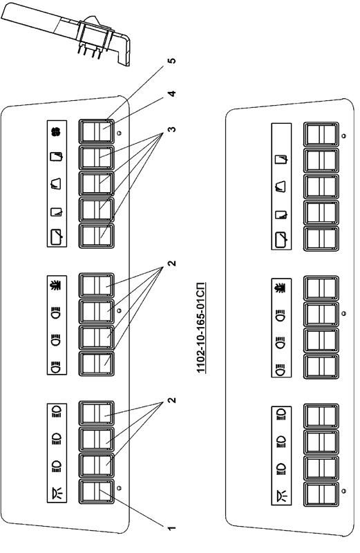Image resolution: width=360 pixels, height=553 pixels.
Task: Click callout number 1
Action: point(171,528)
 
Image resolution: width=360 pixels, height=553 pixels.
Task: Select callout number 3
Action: point(171,129)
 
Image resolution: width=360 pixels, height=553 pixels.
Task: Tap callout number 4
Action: point(171,94)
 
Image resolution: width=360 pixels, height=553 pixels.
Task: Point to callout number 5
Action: point(172,61)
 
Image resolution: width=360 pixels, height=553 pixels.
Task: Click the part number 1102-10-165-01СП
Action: point(201,328)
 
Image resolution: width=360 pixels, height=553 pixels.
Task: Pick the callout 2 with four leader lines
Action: point(171,263)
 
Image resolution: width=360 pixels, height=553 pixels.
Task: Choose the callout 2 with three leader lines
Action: point(171,400)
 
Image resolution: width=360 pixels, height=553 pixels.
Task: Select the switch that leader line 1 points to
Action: point(96,491)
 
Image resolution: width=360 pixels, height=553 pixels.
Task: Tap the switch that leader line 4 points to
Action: point(96,131)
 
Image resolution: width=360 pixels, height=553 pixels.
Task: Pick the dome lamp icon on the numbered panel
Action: point(57,492)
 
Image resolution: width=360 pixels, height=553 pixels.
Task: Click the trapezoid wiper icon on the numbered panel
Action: point(57,183)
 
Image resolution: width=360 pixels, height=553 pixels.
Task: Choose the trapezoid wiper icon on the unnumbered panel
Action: point(281,186)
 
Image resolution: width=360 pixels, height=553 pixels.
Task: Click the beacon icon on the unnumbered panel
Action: point(282,288)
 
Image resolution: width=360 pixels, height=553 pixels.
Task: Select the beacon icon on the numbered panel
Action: point(57,285)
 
